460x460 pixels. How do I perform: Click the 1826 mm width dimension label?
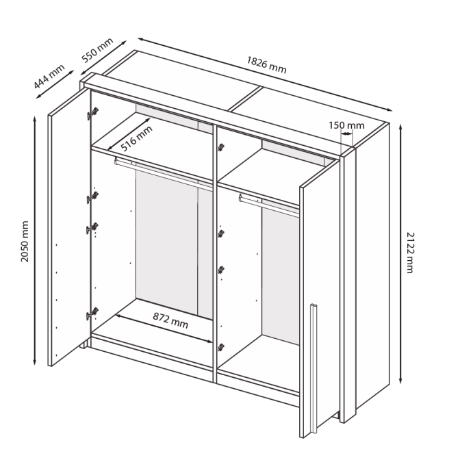(266, 64)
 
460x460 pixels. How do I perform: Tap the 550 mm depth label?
(97, 51)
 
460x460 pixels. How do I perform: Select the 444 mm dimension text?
(49, 77)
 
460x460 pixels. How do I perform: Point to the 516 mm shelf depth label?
(137, 140)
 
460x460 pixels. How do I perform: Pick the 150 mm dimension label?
(346, 125)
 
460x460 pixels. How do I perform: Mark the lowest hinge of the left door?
(91, 314)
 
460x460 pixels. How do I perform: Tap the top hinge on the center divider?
(220, 147)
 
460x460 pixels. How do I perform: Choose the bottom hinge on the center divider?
(220, 347)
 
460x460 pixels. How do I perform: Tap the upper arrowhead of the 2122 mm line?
(399, 129)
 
